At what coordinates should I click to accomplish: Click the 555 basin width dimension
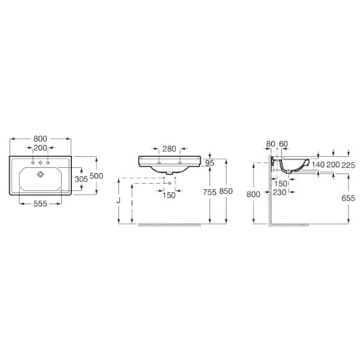click(41, 204)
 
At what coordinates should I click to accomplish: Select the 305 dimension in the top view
click(81, 179)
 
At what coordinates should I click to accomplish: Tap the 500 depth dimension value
click(97, 175)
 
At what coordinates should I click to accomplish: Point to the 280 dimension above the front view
click(169, 149)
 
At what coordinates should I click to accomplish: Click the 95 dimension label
click(210, 163)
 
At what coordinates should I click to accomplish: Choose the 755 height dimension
click(210, 192)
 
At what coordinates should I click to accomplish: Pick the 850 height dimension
click(226, 191)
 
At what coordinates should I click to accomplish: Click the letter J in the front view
click(118, 201)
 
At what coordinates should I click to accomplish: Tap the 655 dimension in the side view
click(349, 198)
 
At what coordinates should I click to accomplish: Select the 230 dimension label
click(280, 192)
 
